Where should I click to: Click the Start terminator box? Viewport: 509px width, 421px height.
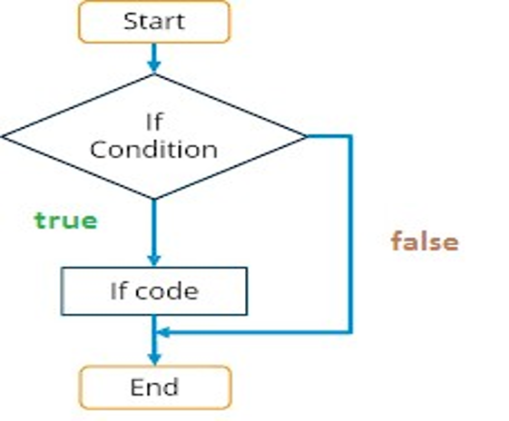154,22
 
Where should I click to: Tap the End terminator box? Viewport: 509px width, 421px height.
155,387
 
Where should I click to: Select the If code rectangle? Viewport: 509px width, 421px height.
154,291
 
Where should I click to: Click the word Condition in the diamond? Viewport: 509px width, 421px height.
153,150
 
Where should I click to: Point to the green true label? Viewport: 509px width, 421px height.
66,220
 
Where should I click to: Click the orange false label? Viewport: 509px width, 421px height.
425,241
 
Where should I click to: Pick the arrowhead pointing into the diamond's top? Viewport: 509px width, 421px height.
154,67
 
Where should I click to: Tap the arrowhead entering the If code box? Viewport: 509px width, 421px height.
154,260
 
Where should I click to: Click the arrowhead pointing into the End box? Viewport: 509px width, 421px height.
154,359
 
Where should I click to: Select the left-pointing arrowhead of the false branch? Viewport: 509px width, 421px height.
163,332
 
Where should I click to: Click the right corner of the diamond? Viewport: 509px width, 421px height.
307,136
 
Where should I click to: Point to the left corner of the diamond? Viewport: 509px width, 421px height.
3,137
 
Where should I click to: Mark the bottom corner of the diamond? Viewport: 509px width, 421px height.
154,199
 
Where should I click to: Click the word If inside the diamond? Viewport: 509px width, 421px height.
154,122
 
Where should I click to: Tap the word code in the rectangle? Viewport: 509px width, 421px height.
167,291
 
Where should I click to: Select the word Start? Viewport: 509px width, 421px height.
154,22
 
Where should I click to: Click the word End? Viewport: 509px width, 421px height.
154,387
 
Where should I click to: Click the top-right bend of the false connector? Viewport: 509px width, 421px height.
350,136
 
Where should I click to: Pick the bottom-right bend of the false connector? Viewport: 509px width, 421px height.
350,332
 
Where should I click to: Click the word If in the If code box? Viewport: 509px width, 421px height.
118,291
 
